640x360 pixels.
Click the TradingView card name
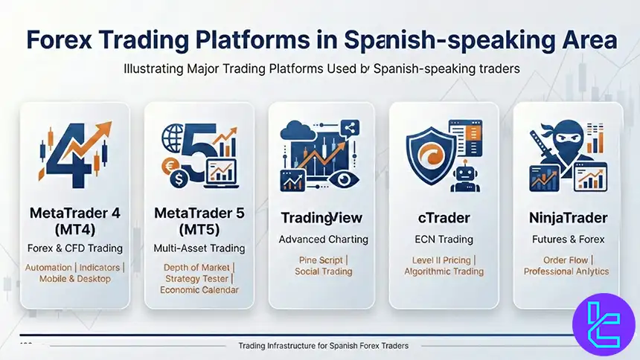pyautogui.click(x=321, y=218)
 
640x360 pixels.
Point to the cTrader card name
pyautogui.click(x=444, y=218)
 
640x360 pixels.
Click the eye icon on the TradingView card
pyautogui.click(x=344, y=179)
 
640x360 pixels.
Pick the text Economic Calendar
pyautogui.click(x=199, y=290)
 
